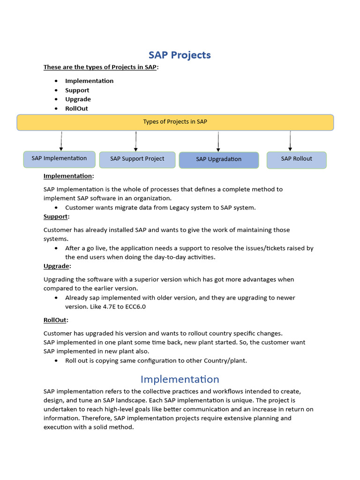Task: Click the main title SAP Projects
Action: click(x=180, y=55)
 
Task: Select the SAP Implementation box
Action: click(x=59, y=158)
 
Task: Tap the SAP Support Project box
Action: click(x=137, y=159)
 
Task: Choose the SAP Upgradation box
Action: click(x=218, y=159)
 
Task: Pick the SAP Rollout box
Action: click(x=296, y=159)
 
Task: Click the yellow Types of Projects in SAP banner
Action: click(x=175, y=122)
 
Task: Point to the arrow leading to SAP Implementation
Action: click(x=61, y=141)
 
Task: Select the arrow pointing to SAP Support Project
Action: click(x=136, y=141)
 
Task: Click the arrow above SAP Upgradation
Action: click(x=218, y=141)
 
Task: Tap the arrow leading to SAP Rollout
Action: click(x=290, y=141)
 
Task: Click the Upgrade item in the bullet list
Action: click(x=78, y=99)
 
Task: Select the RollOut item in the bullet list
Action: click(x=76, y=108)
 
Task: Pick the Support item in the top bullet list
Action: click(x=77, y=90)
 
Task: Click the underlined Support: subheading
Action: click(x=56, y=217)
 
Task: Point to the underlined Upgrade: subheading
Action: click(x=57, y=266)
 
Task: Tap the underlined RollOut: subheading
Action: click(x=56, y=320)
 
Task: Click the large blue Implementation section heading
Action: click(x=180, y=379)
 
